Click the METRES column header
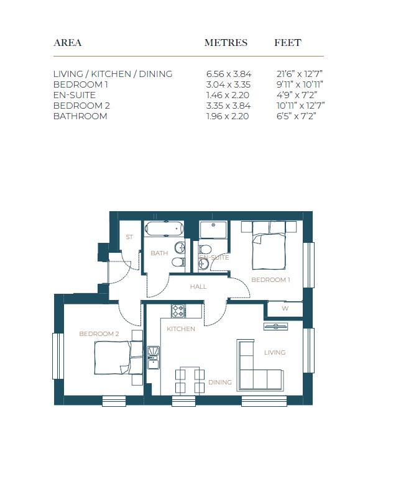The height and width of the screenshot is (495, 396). click(226, 43)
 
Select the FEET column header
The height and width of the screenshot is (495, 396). click(288, 43)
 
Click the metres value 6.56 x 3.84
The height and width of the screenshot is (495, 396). click(229, 74)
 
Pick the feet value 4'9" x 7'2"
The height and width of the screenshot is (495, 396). click(297, 95)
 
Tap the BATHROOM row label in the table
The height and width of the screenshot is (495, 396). click(80, 116)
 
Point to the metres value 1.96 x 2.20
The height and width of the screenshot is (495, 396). click(228, 116)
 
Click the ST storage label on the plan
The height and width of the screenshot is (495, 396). click(129, 237)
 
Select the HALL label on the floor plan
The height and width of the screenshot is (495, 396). click(198, 287)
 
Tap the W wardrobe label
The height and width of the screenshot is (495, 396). click(285, 309)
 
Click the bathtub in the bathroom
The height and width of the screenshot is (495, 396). click(164, 229)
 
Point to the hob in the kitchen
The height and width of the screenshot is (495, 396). click(178, 311)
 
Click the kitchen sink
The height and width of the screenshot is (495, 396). click(154, 358)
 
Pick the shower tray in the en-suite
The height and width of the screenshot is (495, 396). click(213, 230)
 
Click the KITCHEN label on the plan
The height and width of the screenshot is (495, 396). click(181, 329)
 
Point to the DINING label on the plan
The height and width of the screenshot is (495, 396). click(220, 383)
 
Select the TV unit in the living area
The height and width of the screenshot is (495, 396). click(275, 327)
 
